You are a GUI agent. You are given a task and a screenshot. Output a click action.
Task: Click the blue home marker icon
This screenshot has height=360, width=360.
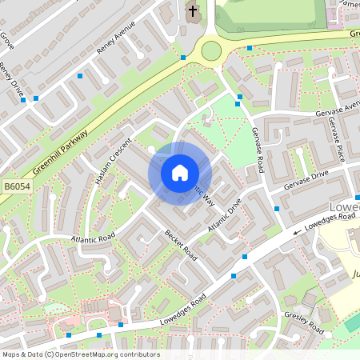pos(180,172)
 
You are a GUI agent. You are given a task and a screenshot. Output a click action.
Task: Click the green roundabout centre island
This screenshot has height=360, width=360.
pos(211,51)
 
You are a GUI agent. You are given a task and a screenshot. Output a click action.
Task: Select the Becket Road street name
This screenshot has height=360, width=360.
pos(180,245)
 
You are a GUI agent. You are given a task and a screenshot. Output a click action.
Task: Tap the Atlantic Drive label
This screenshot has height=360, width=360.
pos(224,216)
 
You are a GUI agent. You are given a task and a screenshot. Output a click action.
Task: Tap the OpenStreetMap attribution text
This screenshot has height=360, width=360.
pos(80,354)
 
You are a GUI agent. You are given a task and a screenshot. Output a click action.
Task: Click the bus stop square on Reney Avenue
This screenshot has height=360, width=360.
pos(80,76)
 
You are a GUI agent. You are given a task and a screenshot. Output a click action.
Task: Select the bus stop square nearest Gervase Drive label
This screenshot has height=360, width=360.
pos(277,208)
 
